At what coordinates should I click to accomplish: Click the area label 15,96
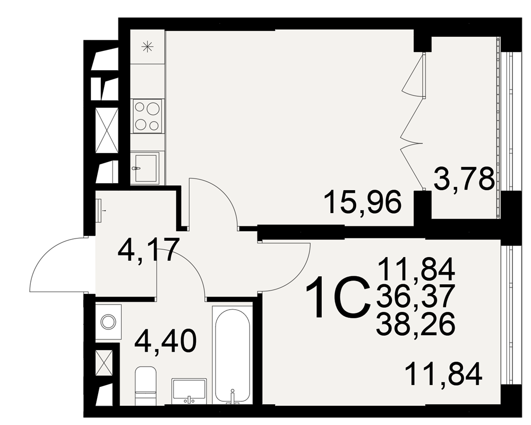point(363,202)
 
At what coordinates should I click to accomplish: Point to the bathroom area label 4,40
point(165,341)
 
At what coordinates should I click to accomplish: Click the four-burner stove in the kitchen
point(147,116)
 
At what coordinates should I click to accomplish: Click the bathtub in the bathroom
point(233,355)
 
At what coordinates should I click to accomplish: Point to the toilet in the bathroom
point(145,385)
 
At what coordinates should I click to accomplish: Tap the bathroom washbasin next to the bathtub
point(189,392)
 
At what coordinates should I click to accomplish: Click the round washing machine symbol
point(108,321)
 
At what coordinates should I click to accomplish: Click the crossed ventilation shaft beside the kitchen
point(107,131)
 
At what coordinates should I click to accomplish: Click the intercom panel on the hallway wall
point(99,210)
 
